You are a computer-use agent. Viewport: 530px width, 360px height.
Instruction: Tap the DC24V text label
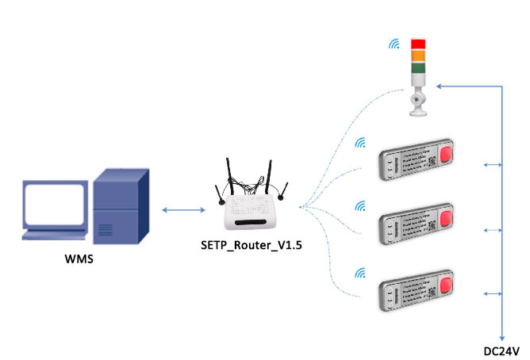501,350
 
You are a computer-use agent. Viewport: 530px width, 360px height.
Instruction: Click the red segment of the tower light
418,44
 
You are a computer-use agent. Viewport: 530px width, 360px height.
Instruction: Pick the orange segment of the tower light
418,57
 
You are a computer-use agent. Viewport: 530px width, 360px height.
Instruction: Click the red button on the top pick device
447,155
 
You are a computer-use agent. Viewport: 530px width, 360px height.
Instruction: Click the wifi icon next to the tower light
394,43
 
